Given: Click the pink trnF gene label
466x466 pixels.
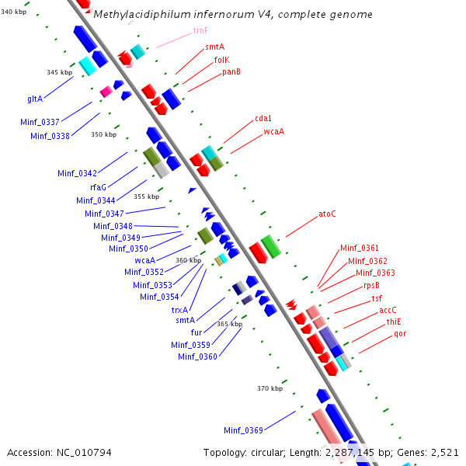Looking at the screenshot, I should point(200,31).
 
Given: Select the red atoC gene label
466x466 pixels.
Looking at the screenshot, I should point(328,214).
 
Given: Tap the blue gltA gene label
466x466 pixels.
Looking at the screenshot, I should point(35,99).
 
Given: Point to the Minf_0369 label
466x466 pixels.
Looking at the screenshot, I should point(243,429).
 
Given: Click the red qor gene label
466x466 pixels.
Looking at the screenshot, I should point(400,333).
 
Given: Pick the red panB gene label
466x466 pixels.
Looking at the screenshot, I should point(231,71).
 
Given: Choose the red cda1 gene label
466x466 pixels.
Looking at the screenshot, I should point(263,118).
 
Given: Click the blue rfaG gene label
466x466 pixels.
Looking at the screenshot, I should point(98,187).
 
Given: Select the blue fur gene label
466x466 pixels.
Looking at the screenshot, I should point(196,332).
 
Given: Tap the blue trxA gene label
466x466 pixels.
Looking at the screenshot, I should point(180,309).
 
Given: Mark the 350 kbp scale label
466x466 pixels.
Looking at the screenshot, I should point(103,134).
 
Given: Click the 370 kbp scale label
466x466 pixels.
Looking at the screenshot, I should point(270,388).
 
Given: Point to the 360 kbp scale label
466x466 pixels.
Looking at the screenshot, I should point(188,260).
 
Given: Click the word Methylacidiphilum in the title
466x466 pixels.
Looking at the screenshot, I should point(141,15).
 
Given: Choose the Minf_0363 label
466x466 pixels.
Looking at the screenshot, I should point(375,273).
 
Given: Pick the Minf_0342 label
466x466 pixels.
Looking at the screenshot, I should point(77,173).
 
